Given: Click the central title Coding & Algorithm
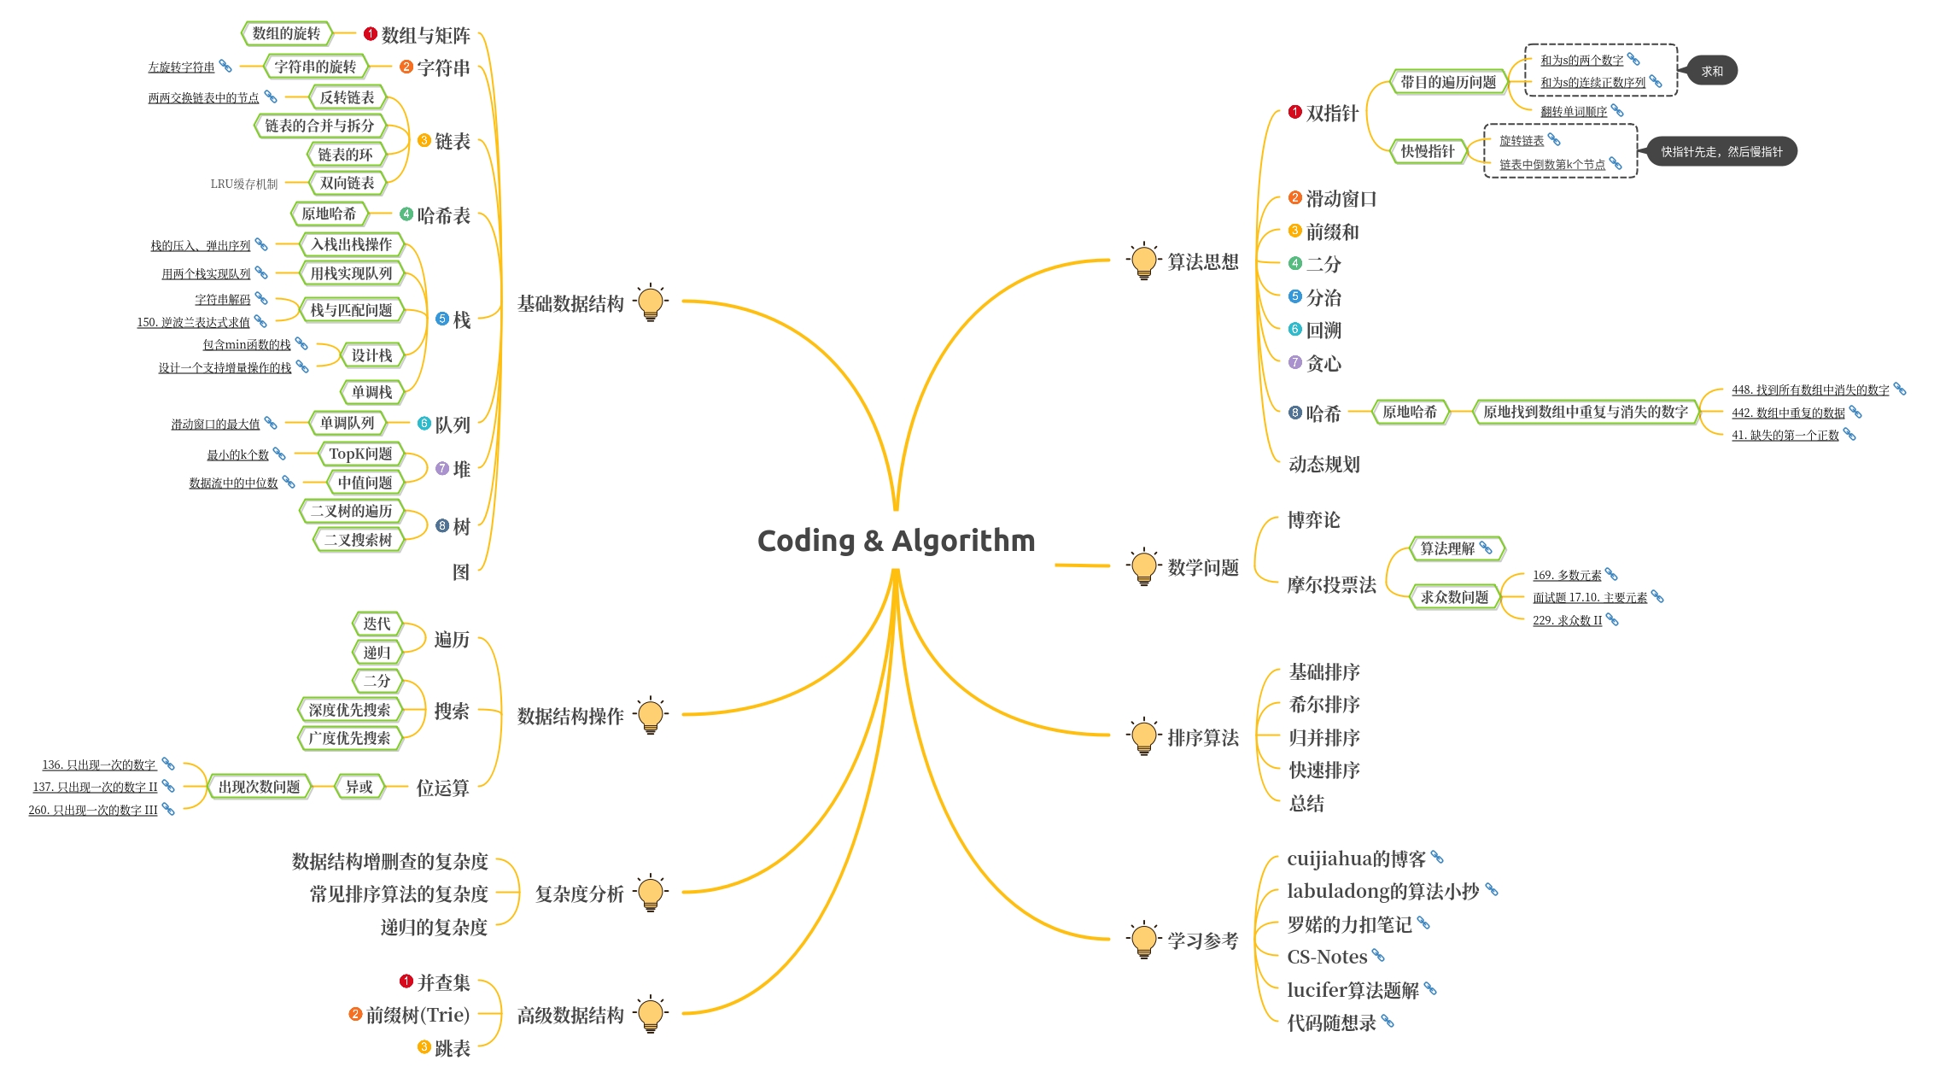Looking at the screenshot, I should tap(896, 541).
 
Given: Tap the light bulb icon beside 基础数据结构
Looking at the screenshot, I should tap(651, 302).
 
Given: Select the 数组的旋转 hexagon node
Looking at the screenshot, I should tap(286, 33).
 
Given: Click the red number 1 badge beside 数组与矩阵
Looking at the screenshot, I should tap(371, 34).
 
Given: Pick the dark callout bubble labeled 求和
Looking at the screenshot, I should tap(1711, 72).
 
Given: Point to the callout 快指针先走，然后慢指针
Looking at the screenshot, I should tap(1721, 152).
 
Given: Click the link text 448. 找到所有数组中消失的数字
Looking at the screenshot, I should tap(1809, 390).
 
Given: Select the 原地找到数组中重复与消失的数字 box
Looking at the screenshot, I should tap(1585, 412).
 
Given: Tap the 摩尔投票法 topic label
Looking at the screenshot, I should tap(1331, 585).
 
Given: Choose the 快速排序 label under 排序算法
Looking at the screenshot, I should tap(1323, 770).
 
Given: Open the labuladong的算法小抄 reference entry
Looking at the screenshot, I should tap(1382, 892).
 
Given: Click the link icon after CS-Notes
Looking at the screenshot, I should tap(1378, 955).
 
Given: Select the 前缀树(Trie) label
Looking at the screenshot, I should tap(418, 1015).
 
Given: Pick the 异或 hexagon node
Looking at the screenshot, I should tap(359, 787).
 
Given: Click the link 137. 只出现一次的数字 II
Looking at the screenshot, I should tap(95, 788).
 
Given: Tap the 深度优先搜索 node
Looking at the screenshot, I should tap(349, 710).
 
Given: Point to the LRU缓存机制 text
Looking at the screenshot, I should tap(244, 184).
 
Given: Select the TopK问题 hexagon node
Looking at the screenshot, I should tap(360, 454).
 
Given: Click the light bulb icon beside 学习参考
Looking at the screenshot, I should tap(1143, 940).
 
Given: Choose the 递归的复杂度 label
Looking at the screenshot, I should tap(434, 927).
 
